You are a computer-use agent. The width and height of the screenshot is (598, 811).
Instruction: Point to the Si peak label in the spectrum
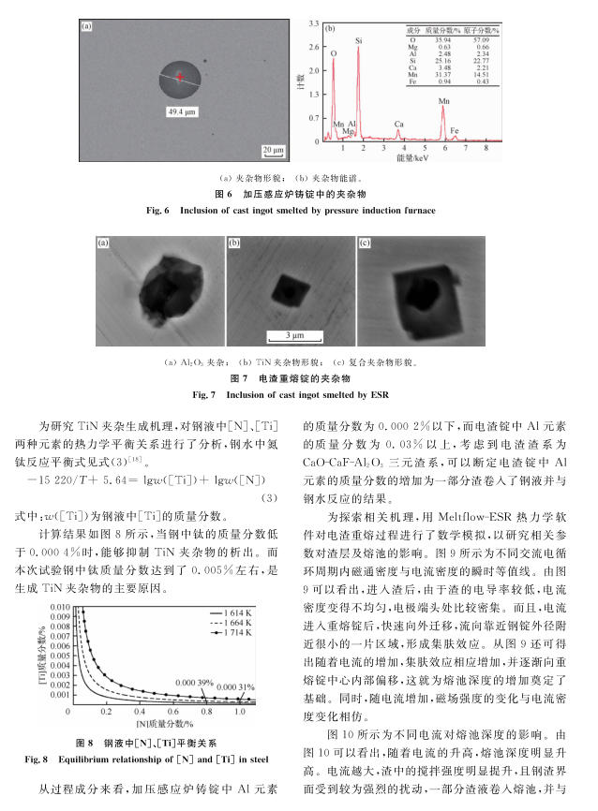pyautogui.click(x=359, y=41)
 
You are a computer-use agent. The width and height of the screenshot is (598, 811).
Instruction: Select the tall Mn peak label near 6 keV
pyautogui.click(x=443, y=97)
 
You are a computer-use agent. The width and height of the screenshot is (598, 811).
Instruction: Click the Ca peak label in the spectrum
pyautogui.click(x=398, y=124)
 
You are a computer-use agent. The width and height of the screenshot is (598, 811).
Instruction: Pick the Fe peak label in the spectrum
pyautogui.click(x=455, y=130)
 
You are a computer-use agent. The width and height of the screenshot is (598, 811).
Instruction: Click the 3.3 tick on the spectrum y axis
pyautogui.click(x=316, y=22)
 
